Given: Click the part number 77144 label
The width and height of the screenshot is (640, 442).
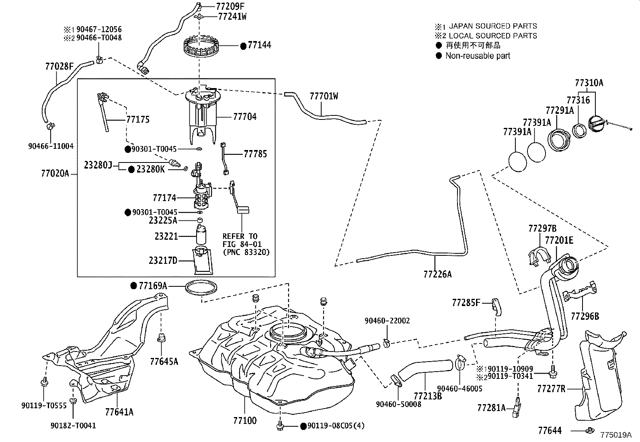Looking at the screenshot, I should point(259,45).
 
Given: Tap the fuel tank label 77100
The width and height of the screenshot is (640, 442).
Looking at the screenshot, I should point(244,421).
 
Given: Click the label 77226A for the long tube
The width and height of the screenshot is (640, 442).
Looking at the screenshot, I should point(437,274).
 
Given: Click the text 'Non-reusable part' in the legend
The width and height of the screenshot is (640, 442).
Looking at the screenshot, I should point(478,56).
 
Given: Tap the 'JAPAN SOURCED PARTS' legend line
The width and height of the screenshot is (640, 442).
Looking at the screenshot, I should point(492,26).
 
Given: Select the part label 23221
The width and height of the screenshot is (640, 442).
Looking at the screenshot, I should point(166,236).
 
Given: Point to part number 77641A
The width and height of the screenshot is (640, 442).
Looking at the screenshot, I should point(119,411).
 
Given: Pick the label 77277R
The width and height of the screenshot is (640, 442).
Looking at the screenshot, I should point(551,389).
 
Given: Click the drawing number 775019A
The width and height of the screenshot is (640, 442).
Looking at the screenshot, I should point(616,435).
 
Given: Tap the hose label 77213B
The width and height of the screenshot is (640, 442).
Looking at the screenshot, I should point(428,396).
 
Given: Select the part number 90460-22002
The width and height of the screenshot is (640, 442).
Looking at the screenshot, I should point(387,321).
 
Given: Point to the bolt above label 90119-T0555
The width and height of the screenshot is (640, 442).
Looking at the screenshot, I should point(44,382).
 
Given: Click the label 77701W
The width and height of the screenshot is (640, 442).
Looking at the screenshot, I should point(324,96).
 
